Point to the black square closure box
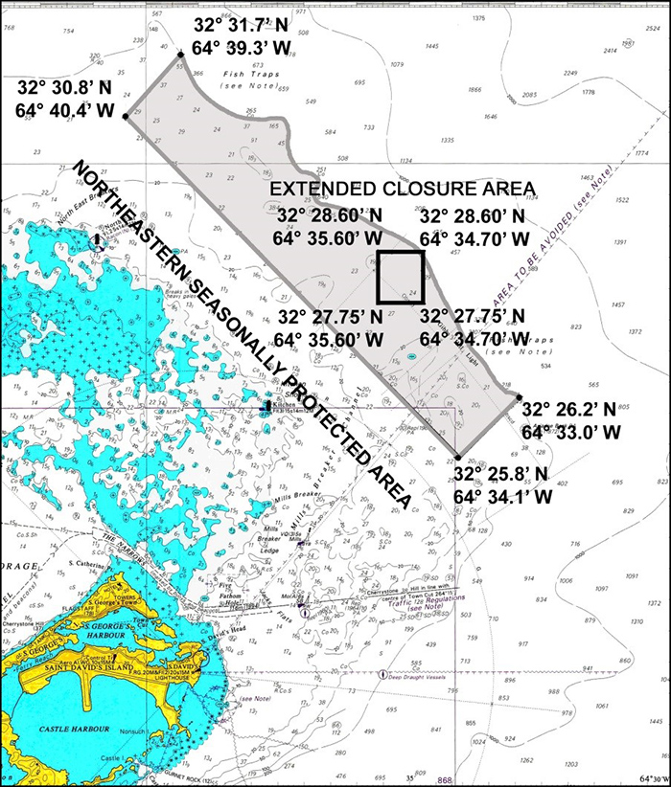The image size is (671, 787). [x=400, y=276]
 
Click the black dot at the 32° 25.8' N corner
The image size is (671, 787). [x=459, y=458]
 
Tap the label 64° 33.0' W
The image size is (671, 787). [x=571, y=432]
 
